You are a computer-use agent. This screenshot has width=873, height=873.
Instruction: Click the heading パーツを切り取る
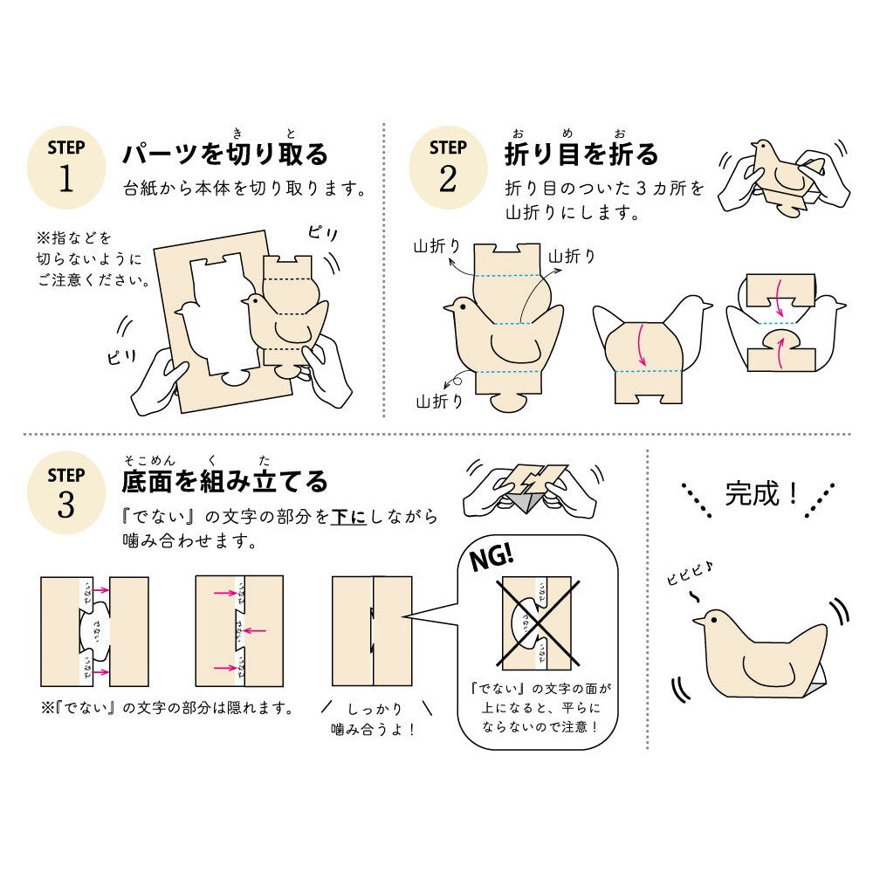225,155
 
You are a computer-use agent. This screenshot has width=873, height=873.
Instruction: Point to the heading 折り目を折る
581,155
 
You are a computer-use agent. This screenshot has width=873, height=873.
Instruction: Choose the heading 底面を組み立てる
225,481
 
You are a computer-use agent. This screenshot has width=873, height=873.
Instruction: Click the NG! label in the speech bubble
493,556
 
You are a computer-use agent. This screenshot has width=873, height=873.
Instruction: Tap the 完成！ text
761,494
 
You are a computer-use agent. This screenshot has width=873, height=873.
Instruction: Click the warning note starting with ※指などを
87,259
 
